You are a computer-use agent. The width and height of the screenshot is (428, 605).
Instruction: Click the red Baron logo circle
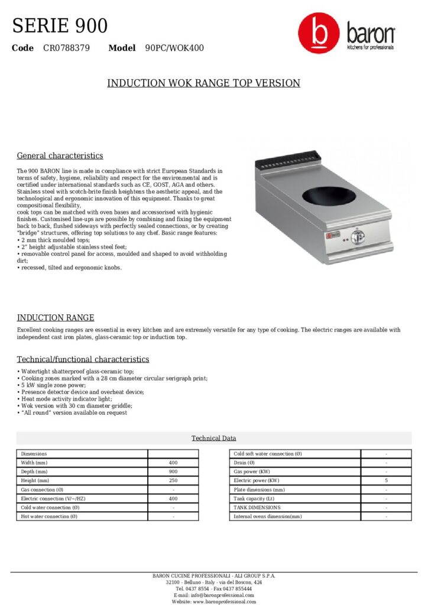coord(319,34)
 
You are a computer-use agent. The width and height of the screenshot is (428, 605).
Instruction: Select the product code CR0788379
coord(66,48)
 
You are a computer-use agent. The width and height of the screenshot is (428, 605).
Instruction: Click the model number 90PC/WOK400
coord(174,48)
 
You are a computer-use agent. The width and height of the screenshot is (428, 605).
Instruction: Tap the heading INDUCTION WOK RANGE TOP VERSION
coord(203,83)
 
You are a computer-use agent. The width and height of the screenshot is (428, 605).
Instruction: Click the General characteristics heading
coord(60,156)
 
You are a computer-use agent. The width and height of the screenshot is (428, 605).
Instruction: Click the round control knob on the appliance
coord(356,238)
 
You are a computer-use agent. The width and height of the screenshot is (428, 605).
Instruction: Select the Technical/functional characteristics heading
coord(83,359)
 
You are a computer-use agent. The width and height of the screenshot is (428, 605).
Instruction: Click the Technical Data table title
coord(213,438)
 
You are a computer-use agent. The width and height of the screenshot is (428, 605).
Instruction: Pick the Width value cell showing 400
coord(173,463)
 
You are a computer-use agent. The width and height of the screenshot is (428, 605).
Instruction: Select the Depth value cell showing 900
coord(173,472)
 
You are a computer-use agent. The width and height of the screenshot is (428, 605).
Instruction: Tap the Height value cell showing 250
coord(173,481)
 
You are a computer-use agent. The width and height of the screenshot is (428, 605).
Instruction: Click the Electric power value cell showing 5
coord(386,481)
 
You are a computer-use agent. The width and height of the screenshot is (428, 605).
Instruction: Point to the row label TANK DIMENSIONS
coord(257,508)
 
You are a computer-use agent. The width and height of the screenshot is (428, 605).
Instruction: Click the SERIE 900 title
coord(60,26)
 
